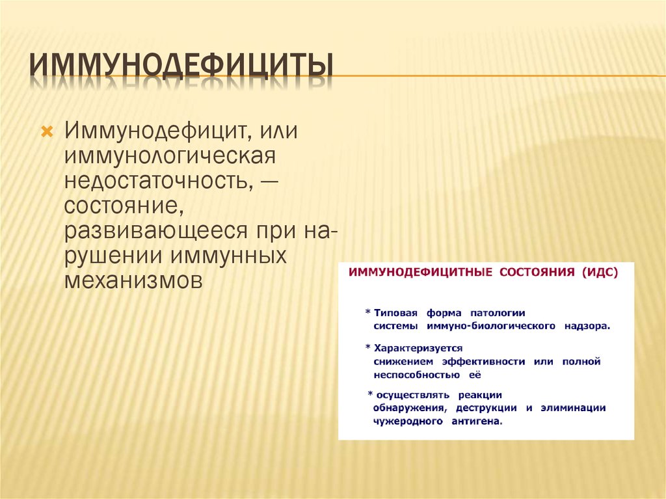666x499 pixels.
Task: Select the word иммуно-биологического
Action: click(x=491, y=325)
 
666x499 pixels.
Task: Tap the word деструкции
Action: click(x=486, y=408)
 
